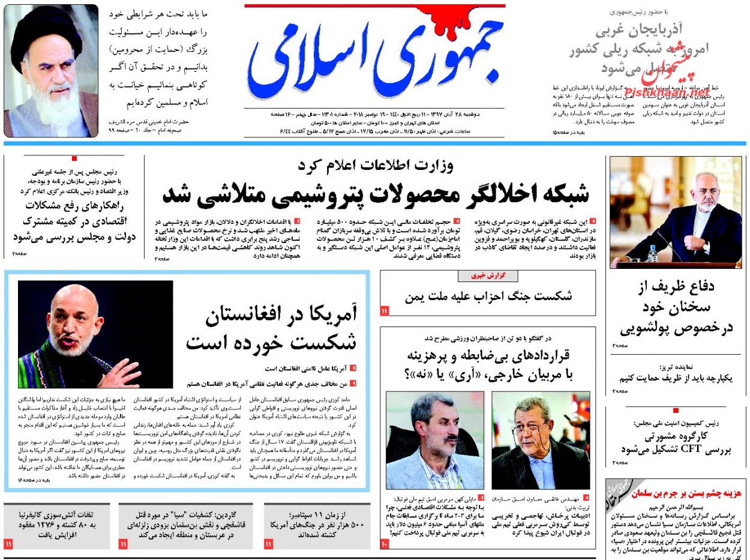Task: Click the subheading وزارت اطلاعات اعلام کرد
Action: click(376, 165)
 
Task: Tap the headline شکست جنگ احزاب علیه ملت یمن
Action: click(488, 295)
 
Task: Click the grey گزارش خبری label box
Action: click(487, 275)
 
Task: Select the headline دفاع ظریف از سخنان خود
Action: click(676, 307)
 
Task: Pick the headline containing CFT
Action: click(676, 443)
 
